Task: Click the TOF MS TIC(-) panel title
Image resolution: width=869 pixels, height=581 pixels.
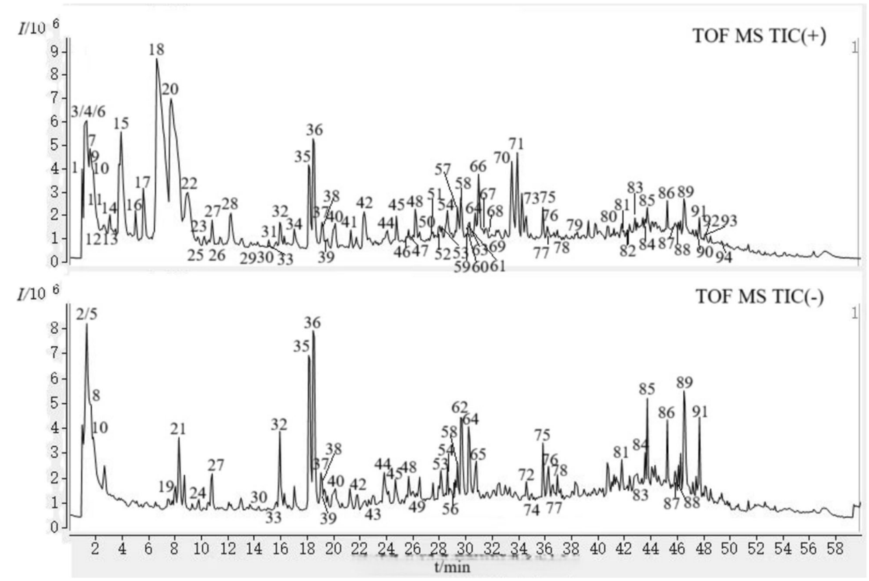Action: [x=761, y=298]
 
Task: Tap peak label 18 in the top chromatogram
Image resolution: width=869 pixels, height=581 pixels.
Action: [x=156, y=50]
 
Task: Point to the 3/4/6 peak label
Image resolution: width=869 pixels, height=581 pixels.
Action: [x=88, y=112]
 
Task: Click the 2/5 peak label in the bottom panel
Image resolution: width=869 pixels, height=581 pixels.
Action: [x=87, y=313]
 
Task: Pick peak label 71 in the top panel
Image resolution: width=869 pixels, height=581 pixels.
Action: [x=516, y=144]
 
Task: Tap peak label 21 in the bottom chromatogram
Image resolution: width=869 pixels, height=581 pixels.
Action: [x=178, y=429]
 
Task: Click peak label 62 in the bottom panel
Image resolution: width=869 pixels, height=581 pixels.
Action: [x=460, y=408]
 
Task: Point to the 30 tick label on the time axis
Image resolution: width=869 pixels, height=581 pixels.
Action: [x=465, y=549]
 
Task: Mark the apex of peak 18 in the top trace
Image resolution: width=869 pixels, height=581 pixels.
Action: [x=156, y=59]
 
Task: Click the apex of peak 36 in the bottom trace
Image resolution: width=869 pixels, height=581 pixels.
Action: [x=313, y=331]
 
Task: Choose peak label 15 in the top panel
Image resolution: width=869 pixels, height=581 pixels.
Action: [x=121, y=124]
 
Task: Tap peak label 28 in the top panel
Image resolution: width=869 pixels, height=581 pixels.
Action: [x=230, y=203]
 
